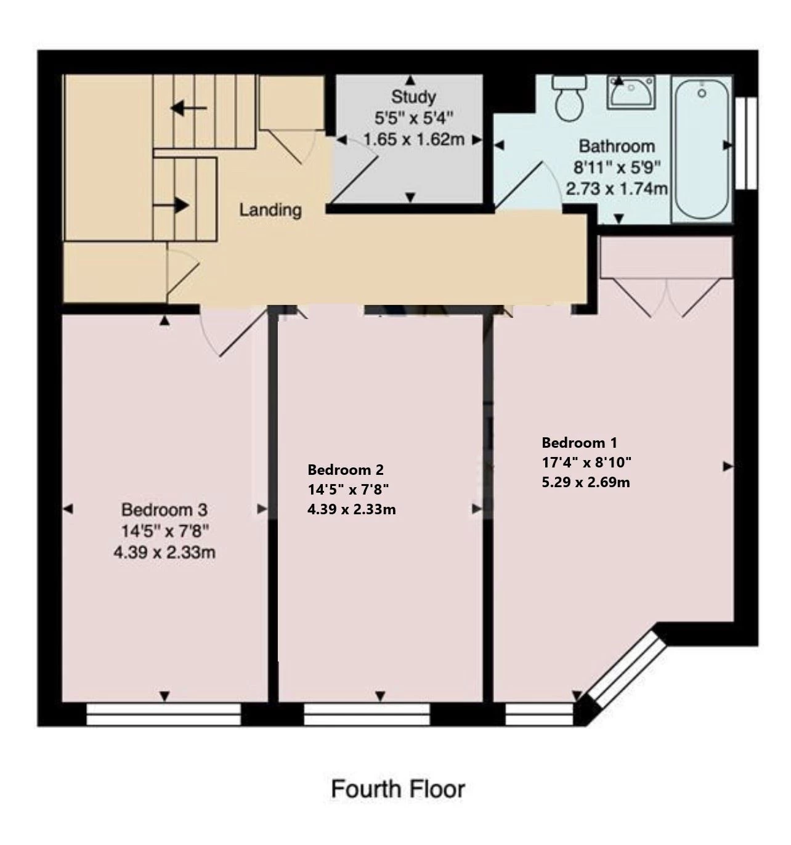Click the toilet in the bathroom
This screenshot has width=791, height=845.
pos(570,98)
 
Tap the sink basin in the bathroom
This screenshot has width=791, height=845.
pos(631,92)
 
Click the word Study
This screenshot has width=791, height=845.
pos(413,97)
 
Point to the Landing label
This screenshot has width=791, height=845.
pos(270,210)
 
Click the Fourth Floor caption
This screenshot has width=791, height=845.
pos(398,777)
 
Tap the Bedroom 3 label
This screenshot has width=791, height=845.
pos(164,509)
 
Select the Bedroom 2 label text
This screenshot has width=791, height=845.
pos(345,470)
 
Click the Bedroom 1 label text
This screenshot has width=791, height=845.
pos(579,442)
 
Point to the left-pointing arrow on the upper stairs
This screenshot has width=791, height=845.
pos(189,108)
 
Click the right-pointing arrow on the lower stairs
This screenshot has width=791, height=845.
pos(171,206)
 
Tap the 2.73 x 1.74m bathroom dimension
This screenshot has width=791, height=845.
pos(617,188)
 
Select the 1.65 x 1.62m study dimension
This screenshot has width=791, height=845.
pos(413,139)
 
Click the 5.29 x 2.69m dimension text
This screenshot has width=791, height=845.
pos(586,482)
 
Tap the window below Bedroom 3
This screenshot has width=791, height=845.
pos(163,714)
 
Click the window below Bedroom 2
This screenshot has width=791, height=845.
pos(367,714)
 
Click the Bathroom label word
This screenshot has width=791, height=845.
pos(617,147)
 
